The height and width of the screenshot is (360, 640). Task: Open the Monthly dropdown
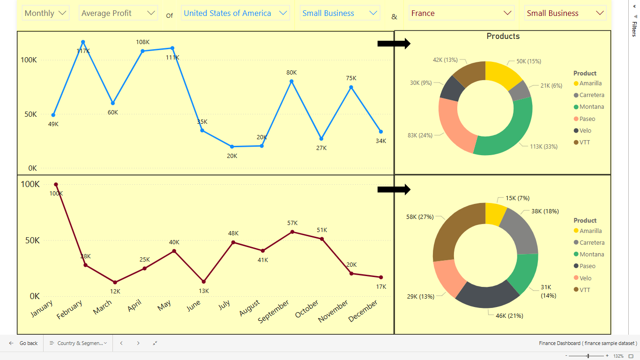(46, 13)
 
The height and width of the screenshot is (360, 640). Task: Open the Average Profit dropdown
(118, 13)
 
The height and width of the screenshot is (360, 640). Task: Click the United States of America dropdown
(235, 13)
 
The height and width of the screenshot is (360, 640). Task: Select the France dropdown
(461, 13)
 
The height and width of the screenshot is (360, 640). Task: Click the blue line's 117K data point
(83, 42)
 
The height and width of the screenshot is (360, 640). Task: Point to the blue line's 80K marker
(291, 82)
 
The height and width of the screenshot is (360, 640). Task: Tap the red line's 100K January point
(56, 185)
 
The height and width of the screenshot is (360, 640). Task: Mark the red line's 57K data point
(292, 232)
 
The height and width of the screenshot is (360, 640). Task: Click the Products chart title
(503, 36)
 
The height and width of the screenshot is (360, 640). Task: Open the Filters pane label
(634, 28)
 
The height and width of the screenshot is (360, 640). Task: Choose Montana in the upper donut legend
(591, 107)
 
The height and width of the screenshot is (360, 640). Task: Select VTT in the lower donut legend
(585, 290)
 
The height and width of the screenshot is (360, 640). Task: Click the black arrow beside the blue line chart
(394, 44)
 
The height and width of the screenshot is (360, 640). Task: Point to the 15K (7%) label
(517, 198)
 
